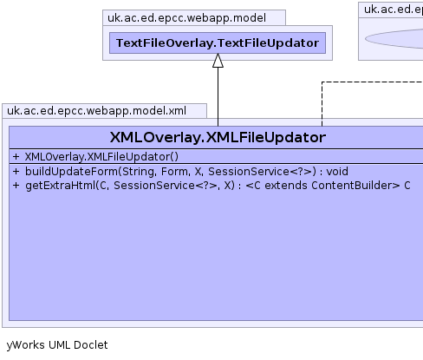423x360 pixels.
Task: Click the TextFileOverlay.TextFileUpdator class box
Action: tap(218, 43)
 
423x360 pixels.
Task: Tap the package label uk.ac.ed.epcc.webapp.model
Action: tap(186, 18)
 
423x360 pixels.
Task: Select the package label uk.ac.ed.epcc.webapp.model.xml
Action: tap(96, 111)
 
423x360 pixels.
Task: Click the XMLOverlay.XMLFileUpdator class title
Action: tap(218, 137)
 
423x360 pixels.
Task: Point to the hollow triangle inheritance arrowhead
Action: tap(218, 61)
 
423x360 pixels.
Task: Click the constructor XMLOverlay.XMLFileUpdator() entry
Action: tap(101, 157)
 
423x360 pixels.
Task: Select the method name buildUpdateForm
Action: tap(72, 172)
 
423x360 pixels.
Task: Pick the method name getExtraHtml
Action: tap(61, 186)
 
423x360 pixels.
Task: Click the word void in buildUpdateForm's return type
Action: tap(337, 172)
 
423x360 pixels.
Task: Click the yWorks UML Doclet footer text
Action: tap(57, 345)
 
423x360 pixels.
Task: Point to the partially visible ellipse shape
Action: tap(394, 39)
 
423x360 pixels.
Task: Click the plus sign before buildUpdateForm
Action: tap(16, 172)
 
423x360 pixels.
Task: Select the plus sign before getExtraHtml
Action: tap(16, 186)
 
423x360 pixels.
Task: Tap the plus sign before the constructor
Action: tap(16, 157)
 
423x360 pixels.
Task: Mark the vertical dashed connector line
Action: tap(322, 104)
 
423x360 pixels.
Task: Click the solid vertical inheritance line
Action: tap(218, 97)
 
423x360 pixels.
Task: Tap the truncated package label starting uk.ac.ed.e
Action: tap(394, 10)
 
